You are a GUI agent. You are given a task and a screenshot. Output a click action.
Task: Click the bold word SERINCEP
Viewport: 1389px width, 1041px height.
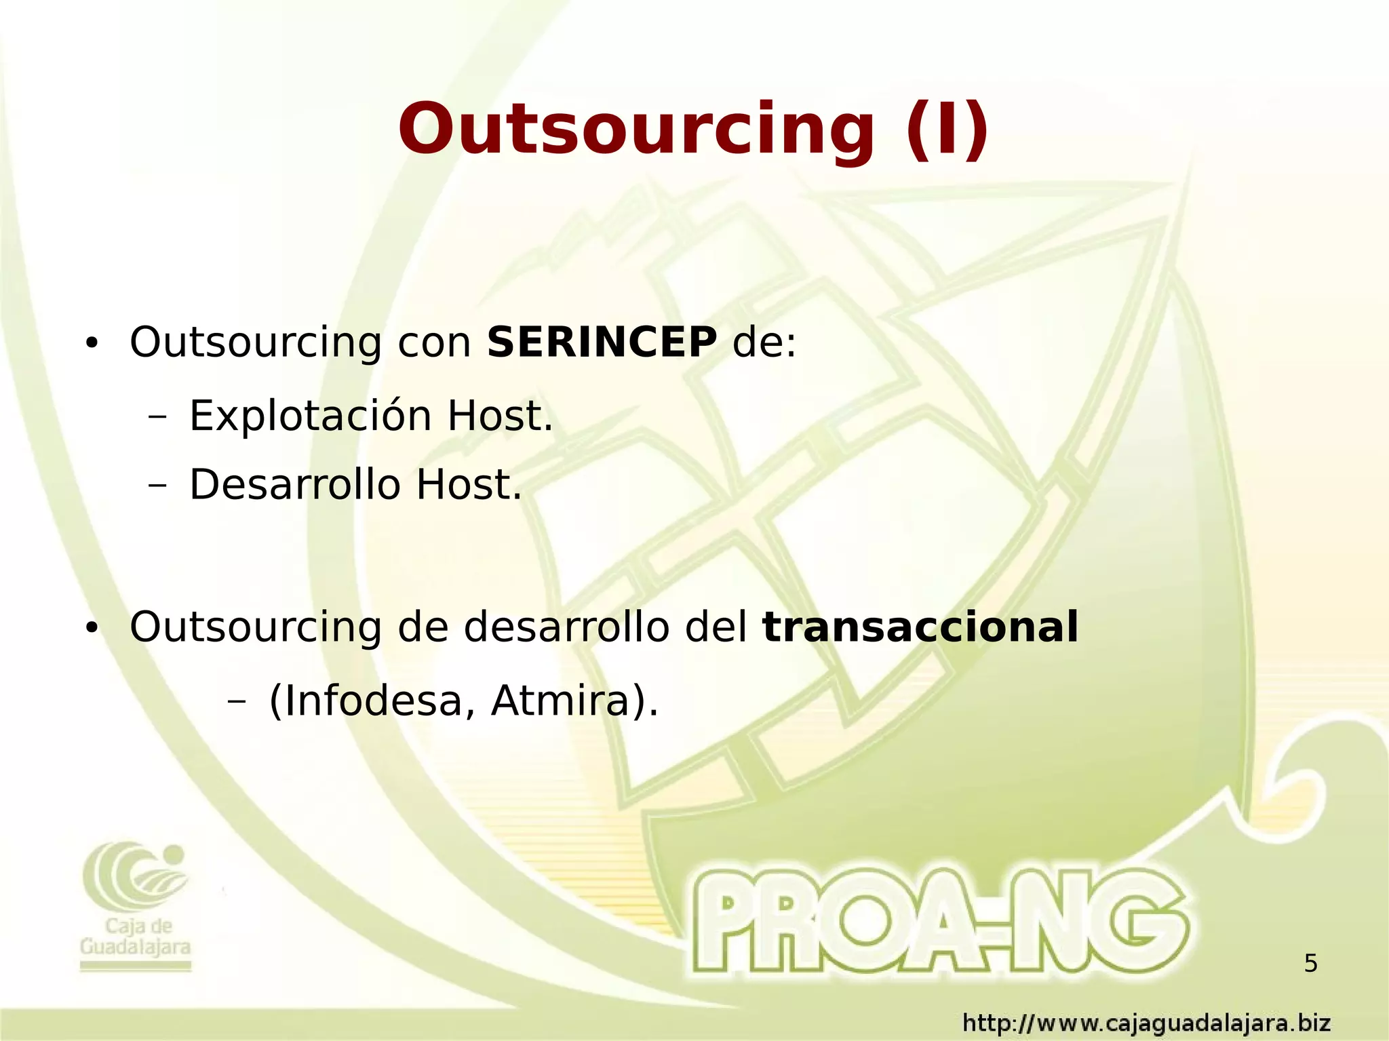click(602, 342)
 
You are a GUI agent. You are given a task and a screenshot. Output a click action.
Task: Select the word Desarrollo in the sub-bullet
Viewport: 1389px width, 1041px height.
click(295, 485)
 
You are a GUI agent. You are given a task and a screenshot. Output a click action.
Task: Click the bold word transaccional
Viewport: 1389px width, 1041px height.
click(920, 627)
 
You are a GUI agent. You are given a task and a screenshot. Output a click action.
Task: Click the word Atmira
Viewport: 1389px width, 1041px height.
click(560, 701)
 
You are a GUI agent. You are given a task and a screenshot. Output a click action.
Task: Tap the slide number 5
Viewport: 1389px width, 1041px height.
click(1310, 963)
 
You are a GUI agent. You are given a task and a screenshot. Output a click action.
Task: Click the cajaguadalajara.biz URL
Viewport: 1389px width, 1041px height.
click(1147, 1022)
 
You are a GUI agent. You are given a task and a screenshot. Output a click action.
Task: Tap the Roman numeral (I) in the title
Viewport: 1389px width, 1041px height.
click(947, 129)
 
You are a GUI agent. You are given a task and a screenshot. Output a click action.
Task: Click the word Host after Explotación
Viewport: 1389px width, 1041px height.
click(500, 416)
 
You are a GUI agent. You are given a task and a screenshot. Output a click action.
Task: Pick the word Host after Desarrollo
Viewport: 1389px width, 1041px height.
click(469, 485)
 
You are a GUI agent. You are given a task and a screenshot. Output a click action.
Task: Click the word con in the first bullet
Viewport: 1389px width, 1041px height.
click(434, 343)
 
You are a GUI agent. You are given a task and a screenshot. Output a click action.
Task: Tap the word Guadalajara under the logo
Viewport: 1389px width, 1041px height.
click(135, 947)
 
